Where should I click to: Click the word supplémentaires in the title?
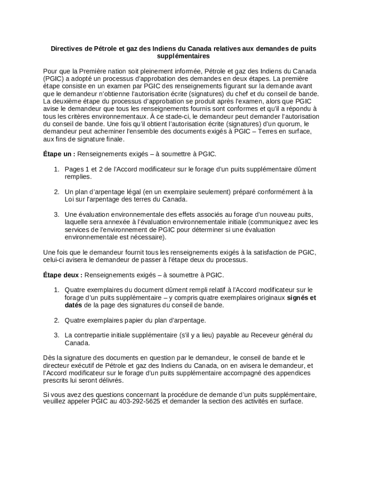(183, 56)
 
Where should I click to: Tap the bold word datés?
(74, 305)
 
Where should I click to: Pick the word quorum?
(275, 124)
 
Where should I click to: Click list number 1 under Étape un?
(56, 169)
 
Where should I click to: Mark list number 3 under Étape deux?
(56, 335)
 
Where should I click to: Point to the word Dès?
(49, 357)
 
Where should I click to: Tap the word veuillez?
(56, 401)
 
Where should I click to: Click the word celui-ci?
(55, 260)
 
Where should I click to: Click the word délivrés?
(110, 380)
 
